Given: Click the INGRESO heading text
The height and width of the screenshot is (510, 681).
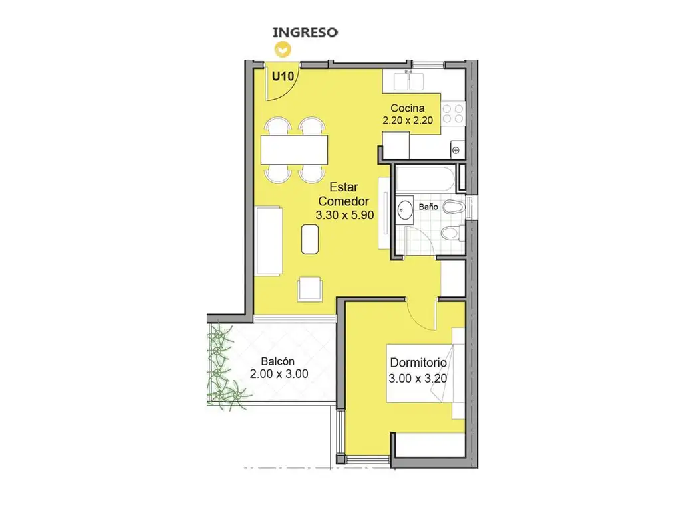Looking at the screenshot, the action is [305, 33].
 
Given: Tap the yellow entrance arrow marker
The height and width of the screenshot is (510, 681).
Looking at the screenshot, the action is [283, 50].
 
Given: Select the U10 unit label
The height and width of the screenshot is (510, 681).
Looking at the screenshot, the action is [283, 76].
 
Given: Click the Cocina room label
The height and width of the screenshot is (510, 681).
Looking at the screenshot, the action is [408, 108].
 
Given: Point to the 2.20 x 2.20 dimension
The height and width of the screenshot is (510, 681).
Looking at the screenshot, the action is [408, 120].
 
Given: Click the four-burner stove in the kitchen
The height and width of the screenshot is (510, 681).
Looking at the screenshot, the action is [453, 114].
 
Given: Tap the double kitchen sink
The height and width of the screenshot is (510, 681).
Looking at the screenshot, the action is [408, 82].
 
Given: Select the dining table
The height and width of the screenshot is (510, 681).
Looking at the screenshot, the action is [294, 149].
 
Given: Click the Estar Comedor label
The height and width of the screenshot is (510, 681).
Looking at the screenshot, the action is [344, 194].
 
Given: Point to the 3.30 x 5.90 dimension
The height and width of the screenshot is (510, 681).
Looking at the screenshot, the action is [344, 215].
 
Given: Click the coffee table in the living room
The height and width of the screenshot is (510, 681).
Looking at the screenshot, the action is [310, 239].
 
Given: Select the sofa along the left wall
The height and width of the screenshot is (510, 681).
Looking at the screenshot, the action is [269, 240].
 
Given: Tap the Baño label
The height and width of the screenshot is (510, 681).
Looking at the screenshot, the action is [428, 207].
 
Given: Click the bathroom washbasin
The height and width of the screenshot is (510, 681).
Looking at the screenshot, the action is [405, 210].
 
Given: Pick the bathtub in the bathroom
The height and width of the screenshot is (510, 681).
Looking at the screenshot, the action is [426, 178].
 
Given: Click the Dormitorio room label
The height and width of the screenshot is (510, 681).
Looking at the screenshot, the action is [418, 363].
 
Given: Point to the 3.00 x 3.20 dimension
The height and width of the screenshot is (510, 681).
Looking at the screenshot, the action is [418, 378].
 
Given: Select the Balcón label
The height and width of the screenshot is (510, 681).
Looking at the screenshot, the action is [277, 361].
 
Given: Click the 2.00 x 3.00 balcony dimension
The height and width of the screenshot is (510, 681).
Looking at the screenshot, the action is [279, 373].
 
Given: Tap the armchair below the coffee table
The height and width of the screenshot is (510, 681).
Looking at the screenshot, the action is [310, 290].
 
